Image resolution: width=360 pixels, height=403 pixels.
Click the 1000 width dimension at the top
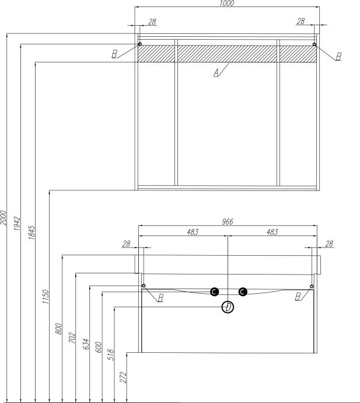pos(227,3)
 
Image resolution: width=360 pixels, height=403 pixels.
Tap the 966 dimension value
pos(227,221)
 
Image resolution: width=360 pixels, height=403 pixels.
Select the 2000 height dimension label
pos(3,218)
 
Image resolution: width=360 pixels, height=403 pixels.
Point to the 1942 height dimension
pos(17,223)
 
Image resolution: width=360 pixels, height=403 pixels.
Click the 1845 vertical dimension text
pos(31,232)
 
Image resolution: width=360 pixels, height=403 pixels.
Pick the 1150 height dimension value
pos(45,297)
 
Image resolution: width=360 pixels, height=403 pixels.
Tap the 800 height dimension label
pos(58,329)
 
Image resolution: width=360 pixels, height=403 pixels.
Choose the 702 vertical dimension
pos(72,338)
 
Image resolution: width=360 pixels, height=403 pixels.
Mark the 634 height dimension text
pos(86,344)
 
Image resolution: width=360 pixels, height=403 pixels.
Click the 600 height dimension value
pos(99,348)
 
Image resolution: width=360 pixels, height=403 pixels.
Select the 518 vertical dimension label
pos(111,355)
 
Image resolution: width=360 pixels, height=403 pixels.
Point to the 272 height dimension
pos(123,377)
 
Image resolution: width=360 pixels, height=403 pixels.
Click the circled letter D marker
pos(228,307)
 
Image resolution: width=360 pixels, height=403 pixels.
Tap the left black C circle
pos(214,291)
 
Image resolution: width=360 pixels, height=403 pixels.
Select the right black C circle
pos(243,291)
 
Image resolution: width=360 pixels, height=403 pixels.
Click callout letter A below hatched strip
pos(216,72)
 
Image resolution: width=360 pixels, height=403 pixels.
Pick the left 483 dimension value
pos(193,232)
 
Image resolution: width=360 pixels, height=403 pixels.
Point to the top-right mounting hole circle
pos(314,44)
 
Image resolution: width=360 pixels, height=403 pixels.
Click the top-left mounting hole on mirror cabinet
pos(139,44)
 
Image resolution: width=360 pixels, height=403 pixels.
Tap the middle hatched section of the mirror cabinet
pos(227,54)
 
